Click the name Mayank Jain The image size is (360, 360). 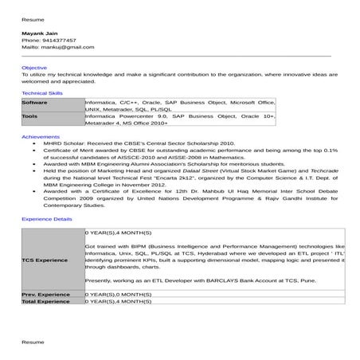pyautogui.click(x=38, y=33)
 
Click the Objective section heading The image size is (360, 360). pyautogui.click(x=34, y=68)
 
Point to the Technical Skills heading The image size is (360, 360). pyautogui.click(x=42, y=93)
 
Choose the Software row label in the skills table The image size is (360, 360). pyautogui.click(x=35, y=103)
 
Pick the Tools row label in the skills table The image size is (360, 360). pyautogui.click(x=29, y=116)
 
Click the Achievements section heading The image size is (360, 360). pyautogui.click(x=40, y=137)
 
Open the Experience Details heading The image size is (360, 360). pyautogui.click(x=46, y=217)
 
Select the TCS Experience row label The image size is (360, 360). pyautogui.click(x=45, y=260)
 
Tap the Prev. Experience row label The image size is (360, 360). pyautogui.click(x=46, y=295)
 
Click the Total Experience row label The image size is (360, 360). pyautogui.click(x=46, y=302)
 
